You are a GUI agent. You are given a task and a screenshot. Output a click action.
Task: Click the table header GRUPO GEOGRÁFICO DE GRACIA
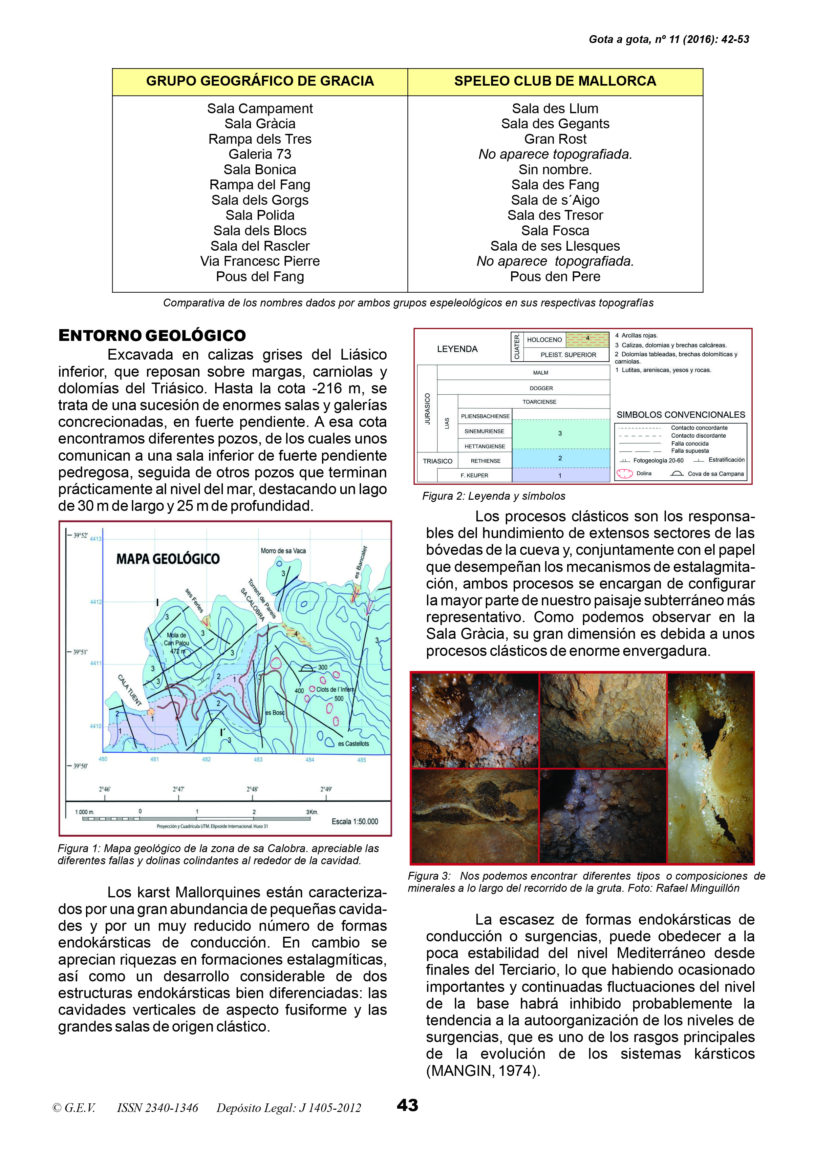tap(260, 81)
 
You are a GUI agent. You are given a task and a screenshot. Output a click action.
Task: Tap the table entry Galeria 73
tap(260, 155)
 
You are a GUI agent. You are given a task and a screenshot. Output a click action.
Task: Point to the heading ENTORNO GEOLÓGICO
tap(152, 335)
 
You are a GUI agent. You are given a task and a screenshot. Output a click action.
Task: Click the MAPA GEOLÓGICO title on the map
tap(168, 559)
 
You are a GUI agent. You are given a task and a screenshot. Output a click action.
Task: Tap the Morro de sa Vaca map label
tap(283, 551)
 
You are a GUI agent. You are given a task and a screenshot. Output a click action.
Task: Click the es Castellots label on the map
tap(353, 743)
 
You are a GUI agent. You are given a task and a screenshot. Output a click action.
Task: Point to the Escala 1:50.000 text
tap(354, 821)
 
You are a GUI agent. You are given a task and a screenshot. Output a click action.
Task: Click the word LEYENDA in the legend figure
tap(457, 349)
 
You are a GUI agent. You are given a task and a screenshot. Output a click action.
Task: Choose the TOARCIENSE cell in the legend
tap(539, 402)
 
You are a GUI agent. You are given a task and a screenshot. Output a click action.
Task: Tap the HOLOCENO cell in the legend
tap(544, 340)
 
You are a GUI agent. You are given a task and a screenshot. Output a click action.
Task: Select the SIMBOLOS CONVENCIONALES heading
tap(681, 415)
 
